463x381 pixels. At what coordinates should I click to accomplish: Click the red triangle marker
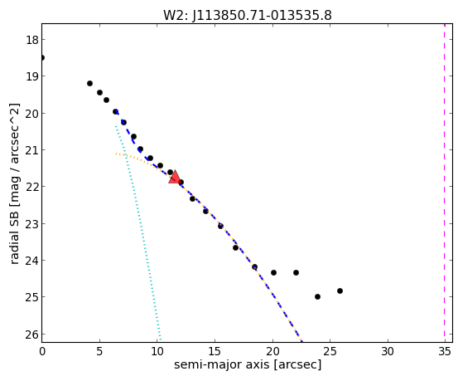point(175,177)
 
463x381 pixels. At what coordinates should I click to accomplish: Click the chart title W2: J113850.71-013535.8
point(248,15)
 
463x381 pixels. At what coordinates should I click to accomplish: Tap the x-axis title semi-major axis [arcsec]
point(248,364)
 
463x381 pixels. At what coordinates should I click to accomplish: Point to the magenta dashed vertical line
point(444,183)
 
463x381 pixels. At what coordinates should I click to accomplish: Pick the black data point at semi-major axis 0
point(42,57)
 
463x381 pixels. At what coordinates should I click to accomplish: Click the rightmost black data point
point(340,291)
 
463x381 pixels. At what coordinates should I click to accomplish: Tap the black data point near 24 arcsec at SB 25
point(317,296)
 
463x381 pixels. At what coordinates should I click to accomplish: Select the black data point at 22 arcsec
point(296,272)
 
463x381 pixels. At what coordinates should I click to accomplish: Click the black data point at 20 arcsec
point(273,272)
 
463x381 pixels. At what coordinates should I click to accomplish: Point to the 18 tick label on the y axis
point(32,40)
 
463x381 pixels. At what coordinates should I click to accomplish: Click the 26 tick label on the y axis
point(32,335)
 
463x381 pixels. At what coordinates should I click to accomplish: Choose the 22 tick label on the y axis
point(32,187)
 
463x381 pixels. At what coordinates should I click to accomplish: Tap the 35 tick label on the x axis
point(445,351)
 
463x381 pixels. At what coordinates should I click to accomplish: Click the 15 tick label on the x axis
point(215,351)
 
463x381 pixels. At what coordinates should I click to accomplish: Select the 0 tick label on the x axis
point(42,351)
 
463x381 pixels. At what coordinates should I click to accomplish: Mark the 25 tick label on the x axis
point(330,351)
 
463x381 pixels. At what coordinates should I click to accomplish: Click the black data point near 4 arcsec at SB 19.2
point(89,84)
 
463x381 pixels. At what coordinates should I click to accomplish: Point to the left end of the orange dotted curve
point(116,154)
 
